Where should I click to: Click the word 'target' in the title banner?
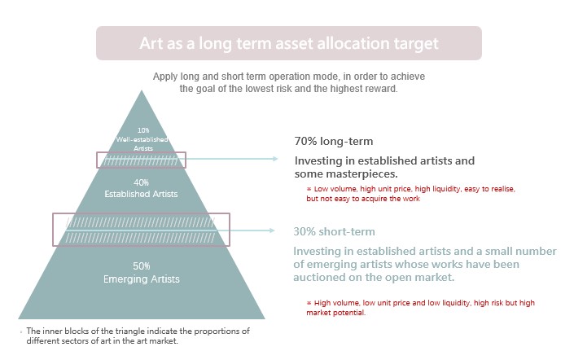(416, 44)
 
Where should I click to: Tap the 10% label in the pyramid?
(143, 130)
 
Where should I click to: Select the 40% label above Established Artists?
(141, 182)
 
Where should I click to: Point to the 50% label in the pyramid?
(142, 266)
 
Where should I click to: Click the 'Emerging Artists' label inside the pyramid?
(142, 279)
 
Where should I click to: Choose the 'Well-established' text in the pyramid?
(142, 139)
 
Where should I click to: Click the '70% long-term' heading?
(334, 142)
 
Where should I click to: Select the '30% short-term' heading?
(335, 232)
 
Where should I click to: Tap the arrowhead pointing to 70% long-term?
(275, 159)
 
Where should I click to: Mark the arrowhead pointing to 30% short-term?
(272, 230)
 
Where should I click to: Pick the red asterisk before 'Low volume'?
(309, 189)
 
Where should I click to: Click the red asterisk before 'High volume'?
(309, 303)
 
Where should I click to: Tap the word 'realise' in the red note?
(503, 189)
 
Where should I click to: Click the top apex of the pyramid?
(142, 90)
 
